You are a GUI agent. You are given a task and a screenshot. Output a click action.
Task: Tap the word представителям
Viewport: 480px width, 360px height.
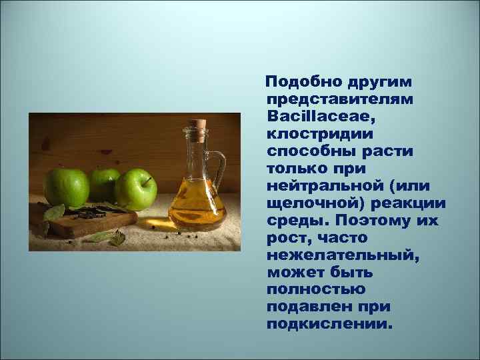click(x=339, y=99)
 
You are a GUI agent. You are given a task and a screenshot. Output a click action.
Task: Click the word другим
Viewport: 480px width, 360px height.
click(x=379, y=81)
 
